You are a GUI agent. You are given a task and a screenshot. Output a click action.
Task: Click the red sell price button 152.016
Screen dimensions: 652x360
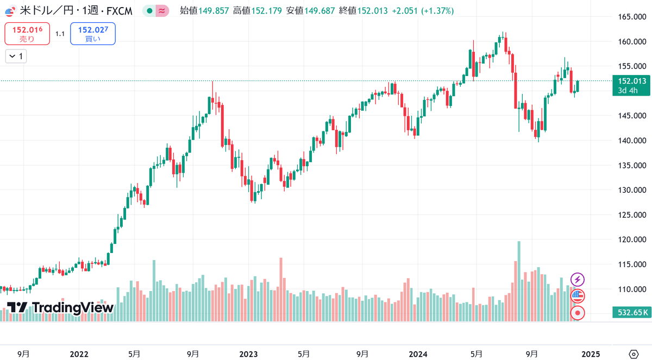click(27, 34)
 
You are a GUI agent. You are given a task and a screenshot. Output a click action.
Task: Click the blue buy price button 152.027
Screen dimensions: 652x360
click(93, 34)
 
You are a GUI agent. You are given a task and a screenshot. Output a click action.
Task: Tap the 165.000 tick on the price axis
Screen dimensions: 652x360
click(632, 17)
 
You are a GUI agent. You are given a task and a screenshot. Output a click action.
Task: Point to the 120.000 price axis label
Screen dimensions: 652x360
click(632, 239)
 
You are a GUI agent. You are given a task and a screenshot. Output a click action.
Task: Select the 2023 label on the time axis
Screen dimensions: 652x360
click(248, 354)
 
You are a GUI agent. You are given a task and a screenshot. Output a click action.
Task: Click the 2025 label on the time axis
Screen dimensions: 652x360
click(591, 354)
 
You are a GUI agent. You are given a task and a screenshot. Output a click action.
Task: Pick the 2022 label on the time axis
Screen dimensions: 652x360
click(79, 354)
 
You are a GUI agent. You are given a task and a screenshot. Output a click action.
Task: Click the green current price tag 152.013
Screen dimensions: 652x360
click(631, 85)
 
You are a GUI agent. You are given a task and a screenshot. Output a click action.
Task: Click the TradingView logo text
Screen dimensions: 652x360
click(73, 308)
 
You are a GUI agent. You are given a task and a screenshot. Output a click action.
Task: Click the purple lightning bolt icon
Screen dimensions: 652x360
click(578, 280)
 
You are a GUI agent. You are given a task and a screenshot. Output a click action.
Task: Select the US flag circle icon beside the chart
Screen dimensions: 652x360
click(578, 296)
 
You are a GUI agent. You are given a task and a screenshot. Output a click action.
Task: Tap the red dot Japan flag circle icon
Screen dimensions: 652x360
click(578, 313)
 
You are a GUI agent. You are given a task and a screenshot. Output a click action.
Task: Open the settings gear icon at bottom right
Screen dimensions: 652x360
click(634, 354)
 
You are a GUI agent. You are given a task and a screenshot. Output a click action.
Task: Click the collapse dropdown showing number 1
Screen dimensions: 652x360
click(16, 56)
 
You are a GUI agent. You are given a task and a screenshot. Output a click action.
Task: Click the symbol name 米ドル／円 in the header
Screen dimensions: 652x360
click(47, 11)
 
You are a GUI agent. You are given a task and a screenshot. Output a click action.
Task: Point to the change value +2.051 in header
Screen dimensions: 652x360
click(405, 11)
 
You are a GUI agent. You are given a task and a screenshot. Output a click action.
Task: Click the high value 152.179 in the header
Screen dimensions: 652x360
click(267, 11)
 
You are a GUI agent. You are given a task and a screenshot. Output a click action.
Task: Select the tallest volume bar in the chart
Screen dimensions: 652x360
click(519, 281)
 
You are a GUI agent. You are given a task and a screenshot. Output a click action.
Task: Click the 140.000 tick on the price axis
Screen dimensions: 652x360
click(632, 141)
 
